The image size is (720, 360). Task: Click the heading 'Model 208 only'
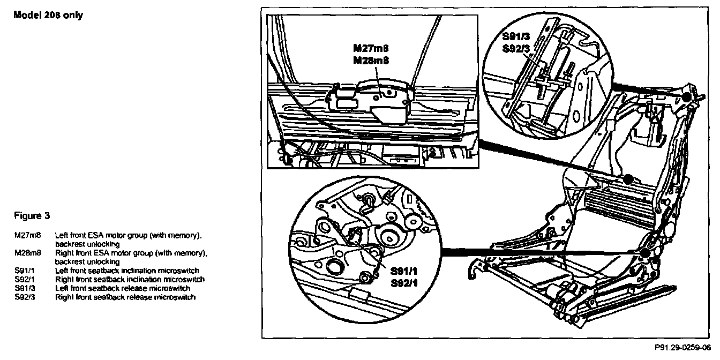tap(48, 15)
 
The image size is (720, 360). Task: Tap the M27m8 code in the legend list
tap(25, 235)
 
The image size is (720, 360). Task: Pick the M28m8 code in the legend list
tap(25, 253)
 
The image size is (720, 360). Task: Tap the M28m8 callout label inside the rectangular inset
tap(370, 60)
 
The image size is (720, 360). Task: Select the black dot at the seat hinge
tap(646, 252)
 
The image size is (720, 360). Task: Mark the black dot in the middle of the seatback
tap(627, 178)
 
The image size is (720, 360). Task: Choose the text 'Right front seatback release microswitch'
tap(125, 297)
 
